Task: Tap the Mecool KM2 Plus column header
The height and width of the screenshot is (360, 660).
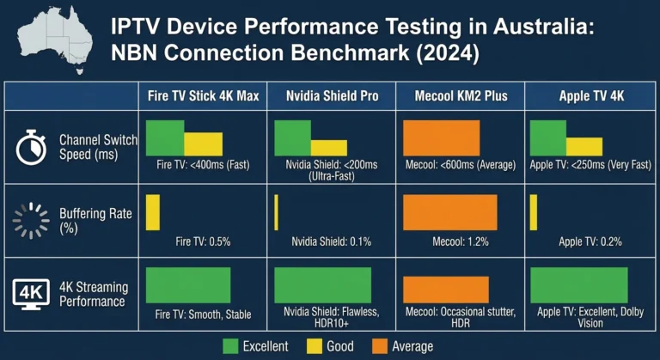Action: coord(461,96)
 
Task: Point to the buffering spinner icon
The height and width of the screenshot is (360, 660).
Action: coord(31,221)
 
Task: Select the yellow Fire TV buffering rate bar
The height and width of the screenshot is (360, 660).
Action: coord(153,212)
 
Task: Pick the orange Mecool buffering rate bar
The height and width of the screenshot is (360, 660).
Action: coord(449,212)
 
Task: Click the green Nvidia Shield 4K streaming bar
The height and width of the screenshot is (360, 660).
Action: coord(322,285)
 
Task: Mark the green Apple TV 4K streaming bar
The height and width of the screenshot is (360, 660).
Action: coord(578,285)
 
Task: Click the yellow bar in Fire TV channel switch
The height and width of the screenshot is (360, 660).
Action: coord(204,143)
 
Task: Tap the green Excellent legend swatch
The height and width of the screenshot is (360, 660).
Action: coord(230,346)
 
